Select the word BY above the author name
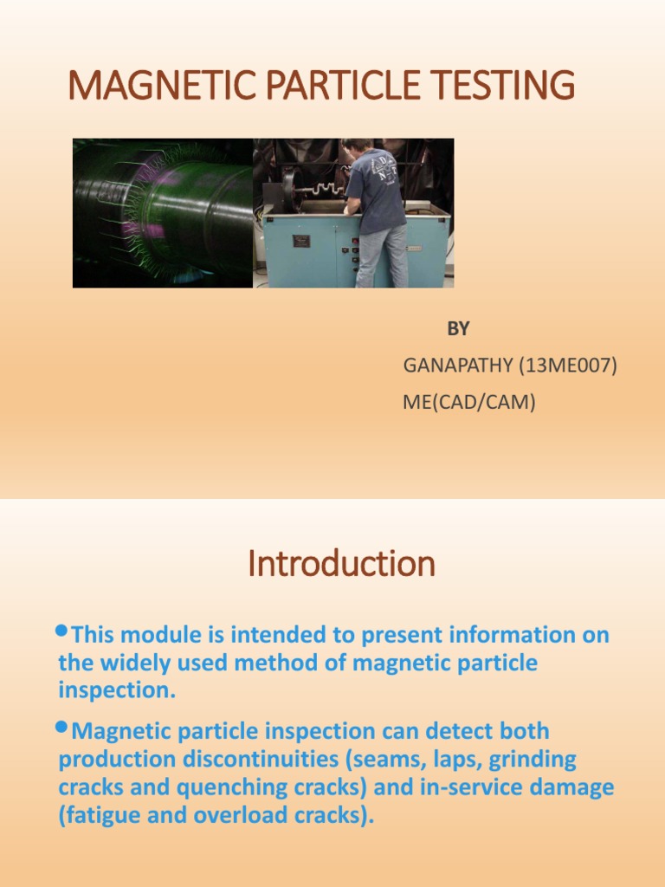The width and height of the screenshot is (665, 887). point(458,329)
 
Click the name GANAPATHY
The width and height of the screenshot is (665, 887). point(457,366)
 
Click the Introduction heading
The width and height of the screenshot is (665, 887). point(341,565)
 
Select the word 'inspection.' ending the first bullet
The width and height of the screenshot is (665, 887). point(117,692)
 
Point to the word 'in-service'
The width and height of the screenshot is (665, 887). point(477,788)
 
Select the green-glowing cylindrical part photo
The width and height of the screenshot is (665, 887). point(163,213)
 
